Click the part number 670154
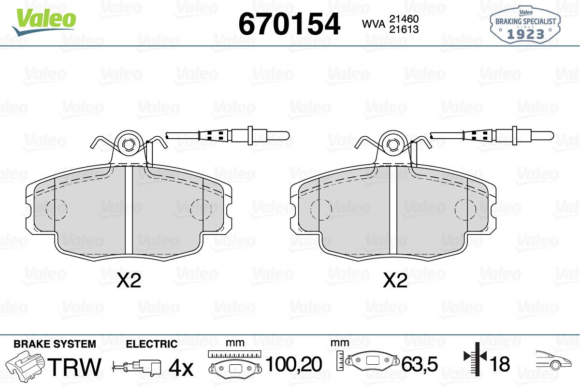pyautogui.click(x=289, y=24)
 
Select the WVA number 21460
pyautogui.click(x=404, y=19)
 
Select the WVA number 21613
pyautogui.click(x=404, y=29)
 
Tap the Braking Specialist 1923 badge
pyautogui.click(x=525, y=25)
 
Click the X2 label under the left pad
pyautogui.click(x=129, y=281)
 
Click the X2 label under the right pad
pyautogui.click(x=395, y=281)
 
